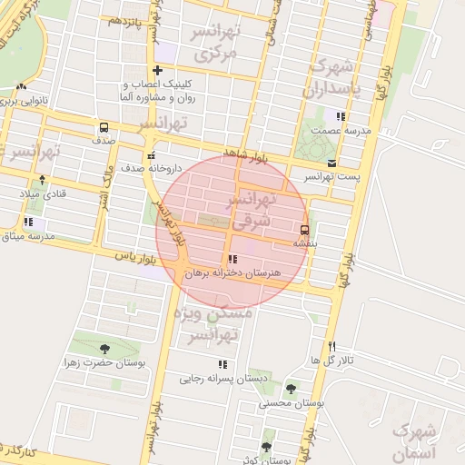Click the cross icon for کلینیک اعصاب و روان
tap(158, 70)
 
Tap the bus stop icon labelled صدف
tap(104, 128)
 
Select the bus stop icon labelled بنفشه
tap(304, 229)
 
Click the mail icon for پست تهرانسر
tap(331, 163)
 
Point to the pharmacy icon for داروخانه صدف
tap(152, 155)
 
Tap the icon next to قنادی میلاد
tap(42, 180)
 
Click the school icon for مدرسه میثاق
tap(28, 222)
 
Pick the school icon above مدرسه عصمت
tap(341, 116)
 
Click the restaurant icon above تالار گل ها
tap(332, 346)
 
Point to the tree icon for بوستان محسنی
tap(291, 388)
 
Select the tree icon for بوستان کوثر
tap(265, 447)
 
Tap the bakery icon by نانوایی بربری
tap(20, 86)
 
